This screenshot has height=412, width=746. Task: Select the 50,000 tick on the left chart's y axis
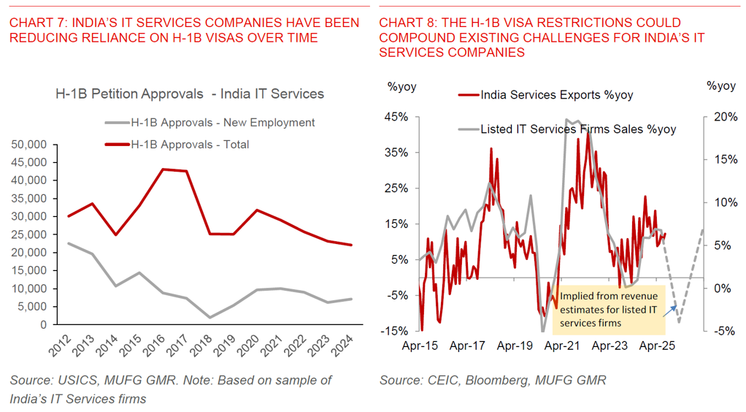(30, 145)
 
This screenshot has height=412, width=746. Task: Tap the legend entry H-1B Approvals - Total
(189, 145)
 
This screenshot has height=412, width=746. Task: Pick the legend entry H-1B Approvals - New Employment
(222, 123)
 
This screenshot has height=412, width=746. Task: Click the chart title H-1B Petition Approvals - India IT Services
(190, 94)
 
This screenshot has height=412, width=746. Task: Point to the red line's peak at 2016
(164, 169)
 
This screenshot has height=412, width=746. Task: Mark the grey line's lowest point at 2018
(210, 317)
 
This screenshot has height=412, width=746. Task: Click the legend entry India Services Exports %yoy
(556, 95)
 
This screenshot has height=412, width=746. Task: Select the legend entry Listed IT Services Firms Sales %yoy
(577, 129)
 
